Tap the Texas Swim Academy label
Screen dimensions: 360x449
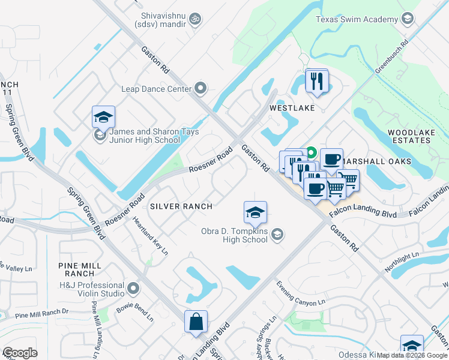(x=357, y=19)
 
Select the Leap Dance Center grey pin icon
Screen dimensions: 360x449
(x=200, y=89)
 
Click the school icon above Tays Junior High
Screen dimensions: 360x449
(x=103, y=117)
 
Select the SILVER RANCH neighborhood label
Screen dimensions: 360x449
(x=181, y=206)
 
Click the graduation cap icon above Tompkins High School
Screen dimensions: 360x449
(x=255, y=212)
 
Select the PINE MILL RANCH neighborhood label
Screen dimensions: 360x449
(x=77, y=269)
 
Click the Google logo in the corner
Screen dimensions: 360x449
(x=19, y=353)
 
